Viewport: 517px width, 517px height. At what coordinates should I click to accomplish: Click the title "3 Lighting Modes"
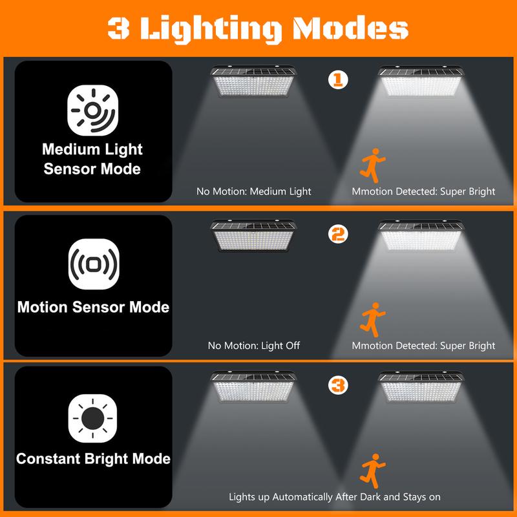coord(258,28)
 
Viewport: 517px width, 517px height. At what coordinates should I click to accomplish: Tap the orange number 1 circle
coord(337,80)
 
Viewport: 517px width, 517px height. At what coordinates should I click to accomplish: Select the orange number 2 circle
coord(337,234)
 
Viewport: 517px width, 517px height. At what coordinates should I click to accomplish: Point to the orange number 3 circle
coord(337,386)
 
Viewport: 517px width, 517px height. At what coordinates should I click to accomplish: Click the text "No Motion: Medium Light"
coord(254,191)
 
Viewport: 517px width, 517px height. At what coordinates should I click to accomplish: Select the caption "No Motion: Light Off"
coord(254,346)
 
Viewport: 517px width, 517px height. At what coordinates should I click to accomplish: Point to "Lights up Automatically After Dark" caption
coord(335,497)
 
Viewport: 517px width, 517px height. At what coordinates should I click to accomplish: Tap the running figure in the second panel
coord(370,318)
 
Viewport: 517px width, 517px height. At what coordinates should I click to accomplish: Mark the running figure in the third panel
coord(370,470)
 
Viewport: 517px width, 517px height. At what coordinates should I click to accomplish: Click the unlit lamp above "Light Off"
coord(254,238)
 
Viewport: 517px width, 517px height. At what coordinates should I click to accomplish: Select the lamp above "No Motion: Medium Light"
coord(254,82)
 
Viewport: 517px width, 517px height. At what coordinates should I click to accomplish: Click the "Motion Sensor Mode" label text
coord(93,306)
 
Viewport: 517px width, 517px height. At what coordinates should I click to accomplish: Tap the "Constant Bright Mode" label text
coord(93,459)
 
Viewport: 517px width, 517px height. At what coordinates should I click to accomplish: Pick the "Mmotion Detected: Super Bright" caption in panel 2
coord(423,346)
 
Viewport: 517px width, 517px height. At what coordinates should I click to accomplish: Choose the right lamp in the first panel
coord(421,82)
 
